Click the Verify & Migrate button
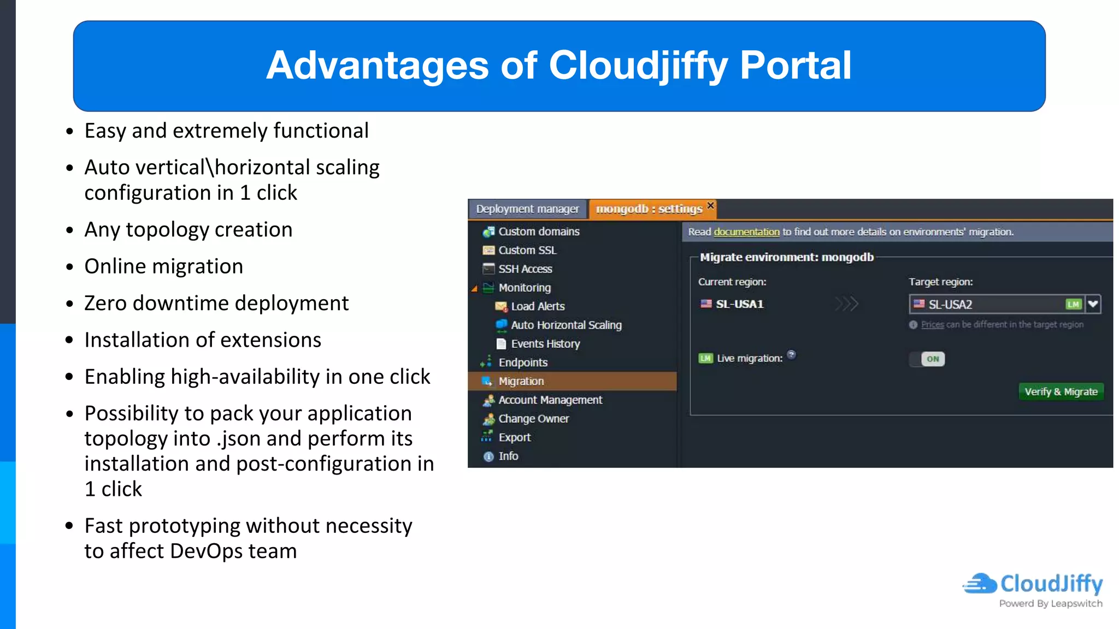pyautogui.click(x=1061, y=391)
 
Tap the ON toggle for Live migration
pyautogui.click(x=932, y=359)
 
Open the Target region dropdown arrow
pyautogui.click(x=1093, y=304)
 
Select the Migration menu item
pyautogui.click(x=521, y=381)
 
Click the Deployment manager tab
pyautogui.click(x=527, y=209)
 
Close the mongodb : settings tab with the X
pyautogui.click(x=710, y=205)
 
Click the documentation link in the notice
pyautogui.click(x=746, y=232)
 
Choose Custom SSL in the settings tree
pyautogui.click(x=527, y=250)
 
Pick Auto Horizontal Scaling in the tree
pyautogui.click(x=566, y=325)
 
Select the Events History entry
pyautogui.click(x=545, y=344)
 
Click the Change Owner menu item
pyautogui.click(x=533, y=419)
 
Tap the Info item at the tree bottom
pyautogui.click(x=508, y=456)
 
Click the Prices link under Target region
pyautogui.click(x=932, y=324)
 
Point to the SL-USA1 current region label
pyautogui.click(x=739, y=304)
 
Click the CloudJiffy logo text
pyautogui.click(x=1051, y=584)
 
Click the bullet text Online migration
pyautogui.click(x=164, y=266)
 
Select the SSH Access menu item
pyautogui.click(x=525, y=269)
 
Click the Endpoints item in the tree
pyautogui.click(x=522, y=363)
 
